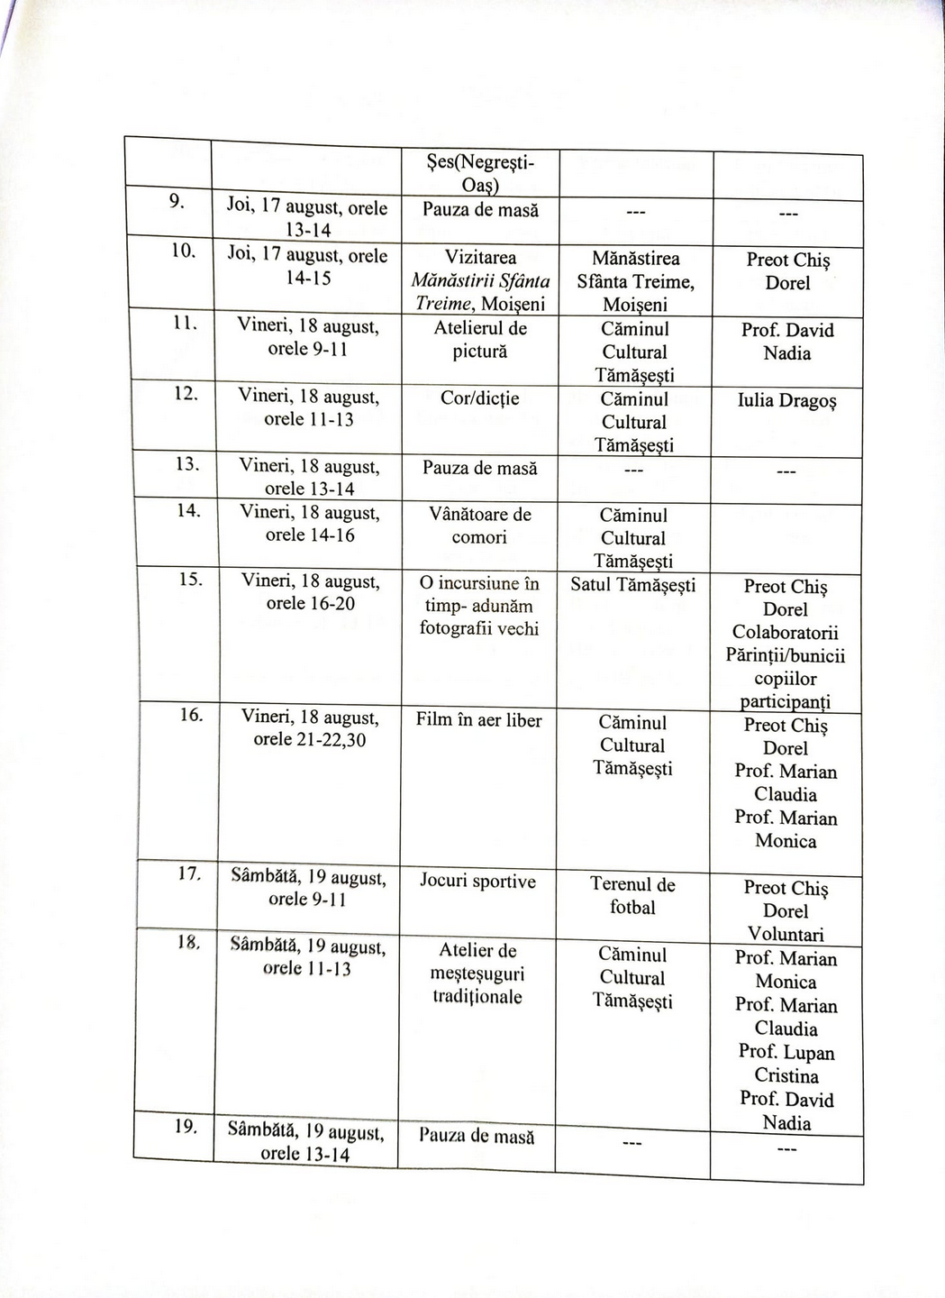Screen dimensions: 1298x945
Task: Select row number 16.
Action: [x=189, y=715]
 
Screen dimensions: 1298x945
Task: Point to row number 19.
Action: [x=186, y=1127]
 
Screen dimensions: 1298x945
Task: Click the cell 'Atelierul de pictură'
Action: [x=479, y=340]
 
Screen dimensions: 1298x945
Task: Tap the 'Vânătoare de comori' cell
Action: [x=479, y=526]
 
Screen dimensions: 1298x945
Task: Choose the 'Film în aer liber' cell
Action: [x=479, y=720]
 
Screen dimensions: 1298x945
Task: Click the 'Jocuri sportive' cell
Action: [x=477, y=882]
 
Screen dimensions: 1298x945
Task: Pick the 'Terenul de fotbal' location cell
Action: [x=632, y=896]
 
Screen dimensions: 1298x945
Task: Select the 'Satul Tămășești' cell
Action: [x=633, y=585]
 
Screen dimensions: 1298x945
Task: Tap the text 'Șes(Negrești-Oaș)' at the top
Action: [x=479, y=174]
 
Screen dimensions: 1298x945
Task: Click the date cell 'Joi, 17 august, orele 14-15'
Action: [x=307, y=267]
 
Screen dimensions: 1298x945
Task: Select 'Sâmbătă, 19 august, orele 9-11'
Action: [x=309, y=888]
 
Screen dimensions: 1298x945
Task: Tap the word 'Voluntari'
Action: [x=786, y=935]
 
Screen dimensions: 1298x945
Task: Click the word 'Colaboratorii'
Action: [x=786, y=633]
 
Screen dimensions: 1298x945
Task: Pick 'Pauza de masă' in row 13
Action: [x=479, y=469]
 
